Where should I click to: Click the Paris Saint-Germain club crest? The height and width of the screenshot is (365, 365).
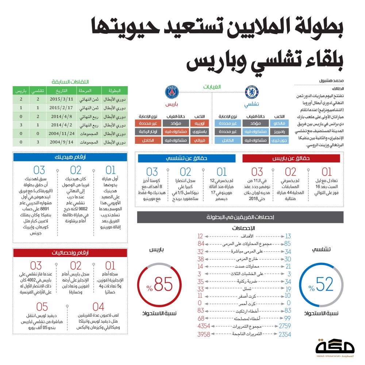pyautogui.click(x=172, y=93)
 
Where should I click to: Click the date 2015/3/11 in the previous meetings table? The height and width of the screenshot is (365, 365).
pyautogui.click(x=61, y=99)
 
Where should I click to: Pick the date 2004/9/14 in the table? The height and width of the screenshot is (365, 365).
pyautogui.click(x=61, y=142)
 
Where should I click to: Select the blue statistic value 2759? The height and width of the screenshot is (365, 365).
pyautogui.click(x=284, y=326)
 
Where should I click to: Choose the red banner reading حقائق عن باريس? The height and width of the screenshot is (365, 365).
pyautogui.click(x=291, y=158)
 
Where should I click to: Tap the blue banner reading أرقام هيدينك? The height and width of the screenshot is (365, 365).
pyautogui.click(x=70, y=157)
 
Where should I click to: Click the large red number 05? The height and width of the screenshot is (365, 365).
pyautogui.click(x=42, y=306)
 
